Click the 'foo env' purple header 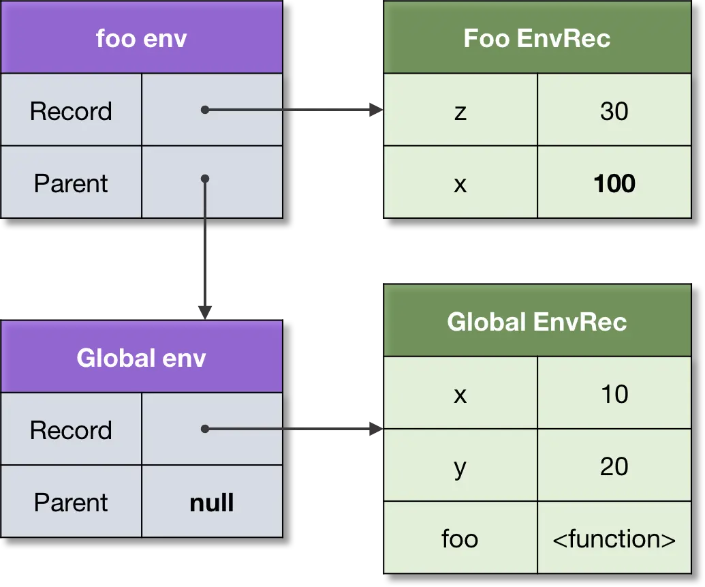point(141,37)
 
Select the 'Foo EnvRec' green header point(537,37)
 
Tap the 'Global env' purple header point(141,357)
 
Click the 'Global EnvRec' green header point(537,321)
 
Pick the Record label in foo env point(71,110)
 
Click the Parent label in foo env point(71,183)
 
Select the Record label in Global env point(71,430)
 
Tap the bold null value point(212,502)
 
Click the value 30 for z point(614,110)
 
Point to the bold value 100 point(614,183)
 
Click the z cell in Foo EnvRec point(460,110)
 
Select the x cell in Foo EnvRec point(460,183)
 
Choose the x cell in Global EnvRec point(460,393)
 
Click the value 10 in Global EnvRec point(614,393)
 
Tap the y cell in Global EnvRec point(460,466)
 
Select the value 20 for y point(614,466)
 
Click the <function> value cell point(614,539)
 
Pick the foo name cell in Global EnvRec point(460,539)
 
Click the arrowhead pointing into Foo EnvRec point(373,109)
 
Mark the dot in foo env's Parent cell point(204,179)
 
